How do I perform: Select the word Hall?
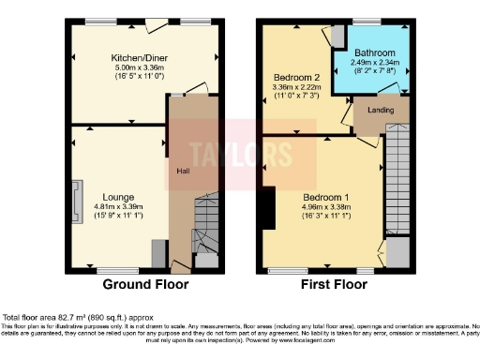click(183, 171)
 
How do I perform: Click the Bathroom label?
click(373, 52)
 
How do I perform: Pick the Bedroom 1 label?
click(326, 197)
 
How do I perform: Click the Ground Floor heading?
click(145, 284)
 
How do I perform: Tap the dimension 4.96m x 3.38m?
click(326, 207)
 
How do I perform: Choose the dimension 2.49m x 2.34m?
click(373, 62)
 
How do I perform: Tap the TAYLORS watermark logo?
click(227, 155)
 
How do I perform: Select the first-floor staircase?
click(398, 178)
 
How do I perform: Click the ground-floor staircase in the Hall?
click(205, 225)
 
